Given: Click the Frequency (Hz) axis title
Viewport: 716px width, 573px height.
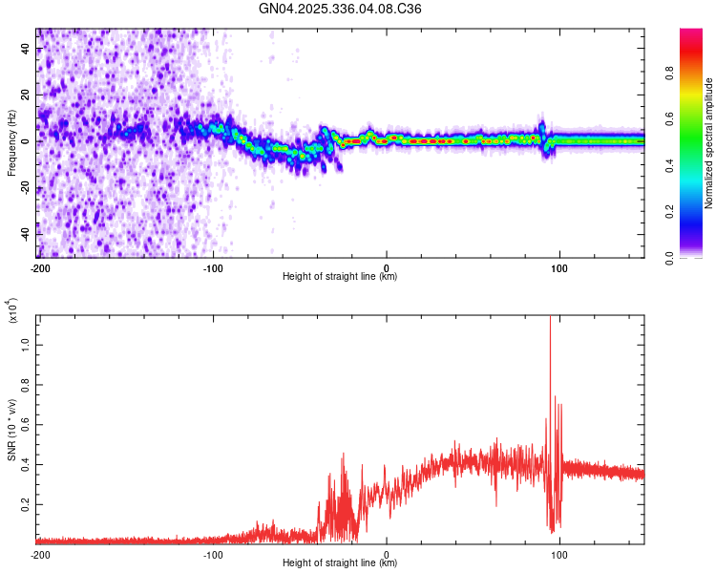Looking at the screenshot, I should click(11, 143).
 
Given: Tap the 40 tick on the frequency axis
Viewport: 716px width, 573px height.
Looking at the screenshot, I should click(26, 50).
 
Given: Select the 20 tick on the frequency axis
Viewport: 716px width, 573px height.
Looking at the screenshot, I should click(26, 95).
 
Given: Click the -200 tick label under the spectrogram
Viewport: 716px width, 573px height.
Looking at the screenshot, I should click(40, 267).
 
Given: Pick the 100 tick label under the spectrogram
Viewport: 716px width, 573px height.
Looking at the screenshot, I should click(559, 267).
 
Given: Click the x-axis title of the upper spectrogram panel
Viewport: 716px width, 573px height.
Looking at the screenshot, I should click(340, 277).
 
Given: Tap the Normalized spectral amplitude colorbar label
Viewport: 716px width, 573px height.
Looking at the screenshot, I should click(708, 143).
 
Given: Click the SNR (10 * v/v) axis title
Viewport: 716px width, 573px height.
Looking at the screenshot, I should click(11, 430).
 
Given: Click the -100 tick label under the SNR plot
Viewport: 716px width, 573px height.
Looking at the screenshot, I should click(213, 554).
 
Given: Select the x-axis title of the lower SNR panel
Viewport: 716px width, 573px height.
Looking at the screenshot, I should click(340, 563).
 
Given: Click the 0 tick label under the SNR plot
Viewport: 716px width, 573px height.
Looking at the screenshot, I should click(386, 554).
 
